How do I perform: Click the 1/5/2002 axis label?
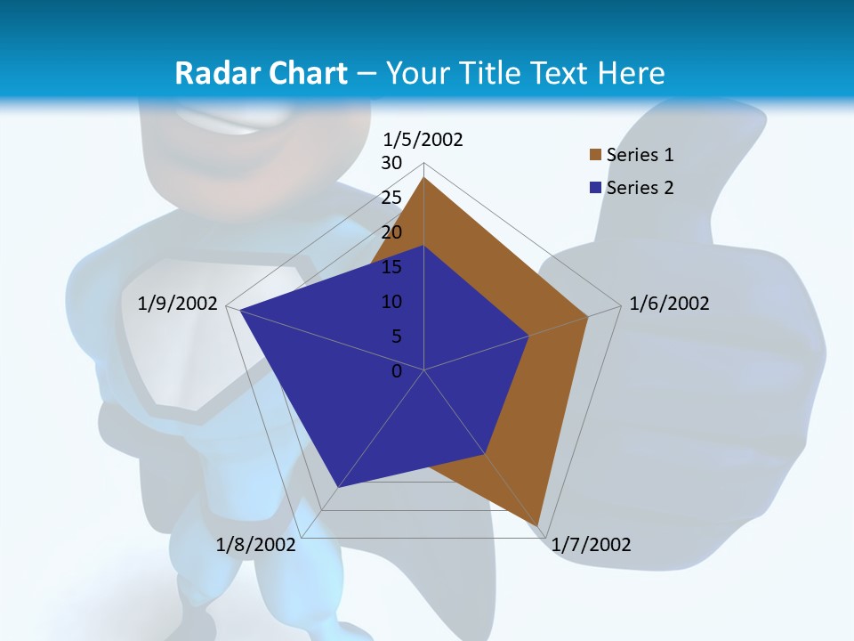[423, 140]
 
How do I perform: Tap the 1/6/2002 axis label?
[669, 304]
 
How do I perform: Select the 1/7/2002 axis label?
[591, 545]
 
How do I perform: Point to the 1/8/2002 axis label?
[255, 545]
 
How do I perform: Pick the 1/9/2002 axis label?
[178, 304]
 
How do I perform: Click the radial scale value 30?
[391, 163]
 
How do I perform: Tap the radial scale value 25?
[391, 198]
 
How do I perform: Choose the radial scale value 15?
[391, 267]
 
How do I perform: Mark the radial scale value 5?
[396, 337]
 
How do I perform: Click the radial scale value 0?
[397, 370]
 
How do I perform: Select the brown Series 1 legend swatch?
[595, 155]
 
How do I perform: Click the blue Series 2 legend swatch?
[595, 188]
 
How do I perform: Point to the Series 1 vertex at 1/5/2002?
[424, 177]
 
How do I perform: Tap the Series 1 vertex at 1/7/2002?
[539, 524]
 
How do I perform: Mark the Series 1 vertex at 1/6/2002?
[588, 315]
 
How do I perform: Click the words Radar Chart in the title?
[261, 73]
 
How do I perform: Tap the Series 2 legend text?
[640, 188]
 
